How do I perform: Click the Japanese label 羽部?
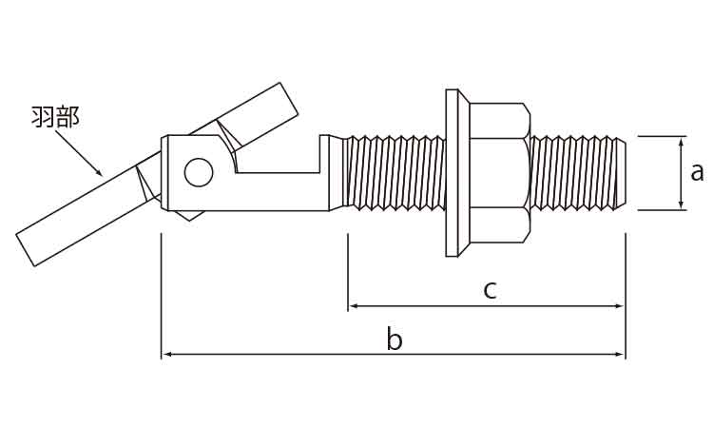tap(55, 118)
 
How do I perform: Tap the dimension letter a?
tap(696, 171)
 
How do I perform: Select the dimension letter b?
tap(395, 340)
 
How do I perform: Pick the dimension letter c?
tap(490, 289)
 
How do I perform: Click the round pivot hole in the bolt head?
tap(199, 172)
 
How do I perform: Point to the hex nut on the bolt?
tap(499, 172)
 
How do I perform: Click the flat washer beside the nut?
tap(456, 172)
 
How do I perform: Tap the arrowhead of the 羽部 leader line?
tap(99, 174)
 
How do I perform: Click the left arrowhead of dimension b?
tap(165, 355)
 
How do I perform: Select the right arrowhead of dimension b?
tap(622, 355)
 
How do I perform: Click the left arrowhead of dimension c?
tap(352, 306)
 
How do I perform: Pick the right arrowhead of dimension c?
tap(622, 306)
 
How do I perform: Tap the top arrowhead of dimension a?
tap(681, 140)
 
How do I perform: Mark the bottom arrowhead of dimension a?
tap(681, 204)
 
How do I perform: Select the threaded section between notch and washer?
tap(395, 172)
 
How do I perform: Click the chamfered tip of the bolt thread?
tap(622, 172)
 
